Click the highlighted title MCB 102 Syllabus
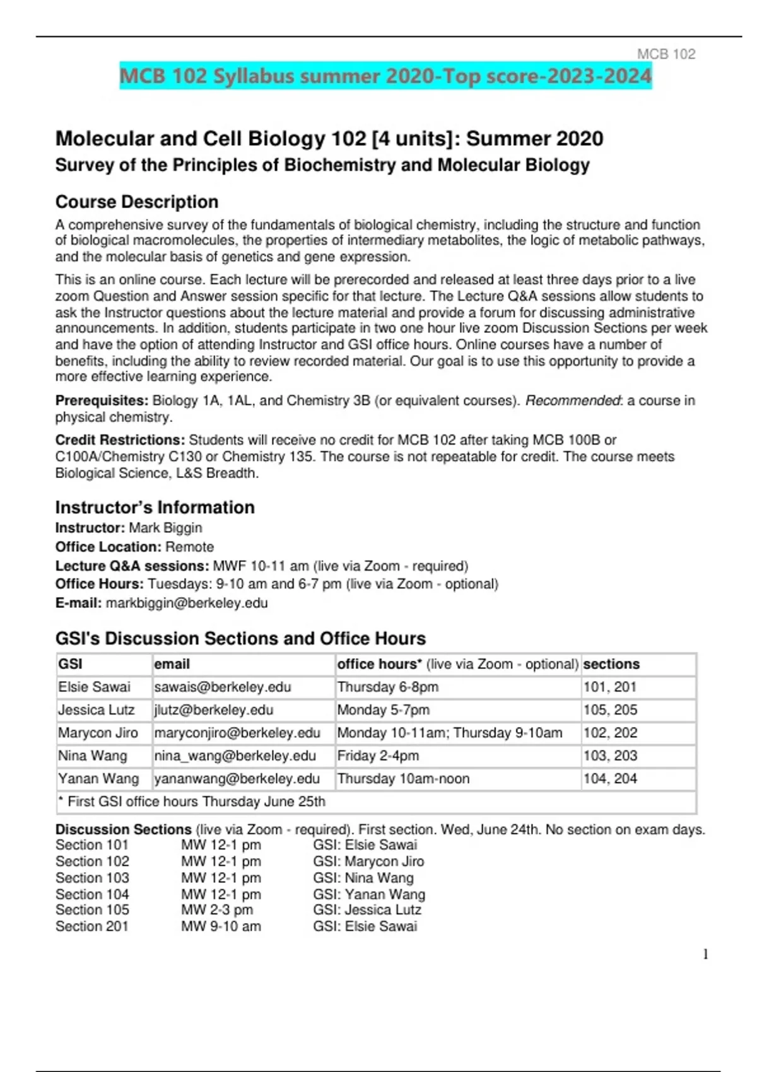coord(385,76)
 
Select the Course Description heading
coord(137,202)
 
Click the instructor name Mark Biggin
coord(165,528)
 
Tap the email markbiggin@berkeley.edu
coord(187,603)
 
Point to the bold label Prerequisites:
coord(102,400)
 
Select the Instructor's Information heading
coord(155,507)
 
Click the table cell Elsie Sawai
coord(94,687)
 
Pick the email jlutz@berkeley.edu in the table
coord(214,710)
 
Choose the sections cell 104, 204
coord(610,778)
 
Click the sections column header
coord(611,664)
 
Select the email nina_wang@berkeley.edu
coord(235,755)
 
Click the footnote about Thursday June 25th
coord(196,801)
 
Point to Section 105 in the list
coord(92,910)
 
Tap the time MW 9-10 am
coord(221,926)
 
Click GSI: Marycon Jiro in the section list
coord(368,861)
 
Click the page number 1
coord(705,955)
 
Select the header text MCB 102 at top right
coord(666,54)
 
